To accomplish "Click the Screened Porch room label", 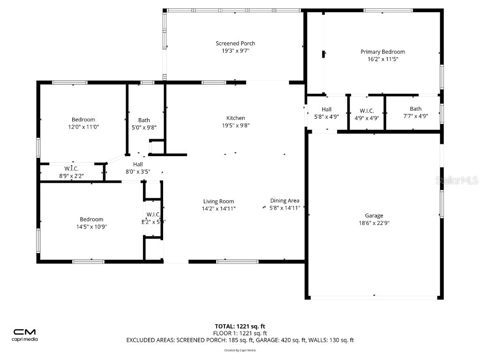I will coord(235,44).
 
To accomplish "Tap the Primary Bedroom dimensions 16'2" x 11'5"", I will coord(382,60).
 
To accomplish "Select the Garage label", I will coord(374,216).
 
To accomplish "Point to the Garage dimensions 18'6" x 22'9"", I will coord(374,223).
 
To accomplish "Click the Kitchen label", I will coord(235,118).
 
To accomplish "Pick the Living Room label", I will coord(218,201).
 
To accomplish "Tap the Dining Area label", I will coord(285,201).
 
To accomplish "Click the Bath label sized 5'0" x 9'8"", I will coord(144,120).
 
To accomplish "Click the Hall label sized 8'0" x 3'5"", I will coord(138,164).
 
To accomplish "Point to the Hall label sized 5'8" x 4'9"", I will coord(326,109).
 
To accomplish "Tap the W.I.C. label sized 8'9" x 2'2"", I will coord(71,169).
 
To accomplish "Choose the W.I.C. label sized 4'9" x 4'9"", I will coord(367,111).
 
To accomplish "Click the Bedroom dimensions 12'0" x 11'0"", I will coord(83,127).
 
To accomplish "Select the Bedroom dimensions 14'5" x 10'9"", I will coord(91,226).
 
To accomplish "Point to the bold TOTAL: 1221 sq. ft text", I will coord(240,326).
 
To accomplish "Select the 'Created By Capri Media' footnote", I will coord(240,350).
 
